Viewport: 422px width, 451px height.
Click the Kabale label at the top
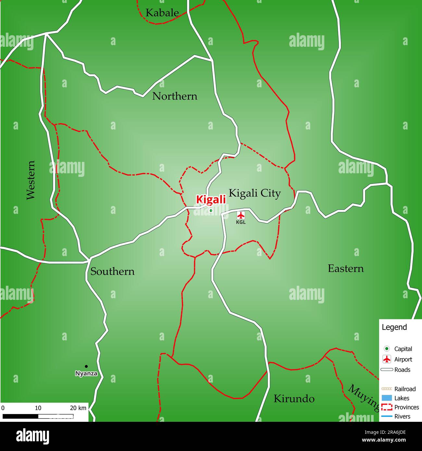tap(162, 13)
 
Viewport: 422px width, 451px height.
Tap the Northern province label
tap(175, 96)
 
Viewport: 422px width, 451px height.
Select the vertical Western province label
tap(31, 180)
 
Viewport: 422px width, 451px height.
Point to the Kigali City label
tap(254, 193)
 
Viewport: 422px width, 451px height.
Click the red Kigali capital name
tap(211, 200)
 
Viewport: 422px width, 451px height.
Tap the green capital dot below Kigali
tap(211, 211)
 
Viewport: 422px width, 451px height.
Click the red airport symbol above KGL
tap(241, 215)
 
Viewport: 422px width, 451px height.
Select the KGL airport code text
tap(241, 222)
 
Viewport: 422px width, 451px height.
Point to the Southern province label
tap(112, 271)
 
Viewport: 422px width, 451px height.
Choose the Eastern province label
tap(346, 268)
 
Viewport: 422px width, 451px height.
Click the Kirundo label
tap(294, 398)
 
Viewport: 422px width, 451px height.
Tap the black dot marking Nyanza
tap(86, 366)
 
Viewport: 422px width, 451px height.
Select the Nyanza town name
tap(86, 373)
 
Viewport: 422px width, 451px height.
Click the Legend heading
tap(394, 327)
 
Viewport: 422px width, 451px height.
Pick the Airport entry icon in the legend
tap(387, 359)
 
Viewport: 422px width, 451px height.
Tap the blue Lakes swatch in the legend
tap(387, 398)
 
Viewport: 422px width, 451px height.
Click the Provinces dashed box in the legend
tap(387, 407)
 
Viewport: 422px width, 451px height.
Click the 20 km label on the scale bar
tap(78, 408)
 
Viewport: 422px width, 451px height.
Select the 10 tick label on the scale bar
tap(38, 408)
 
